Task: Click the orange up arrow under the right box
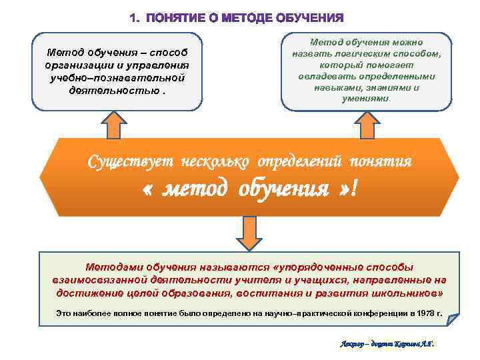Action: (366, 125)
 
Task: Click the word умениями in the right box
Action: (365, 97)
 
